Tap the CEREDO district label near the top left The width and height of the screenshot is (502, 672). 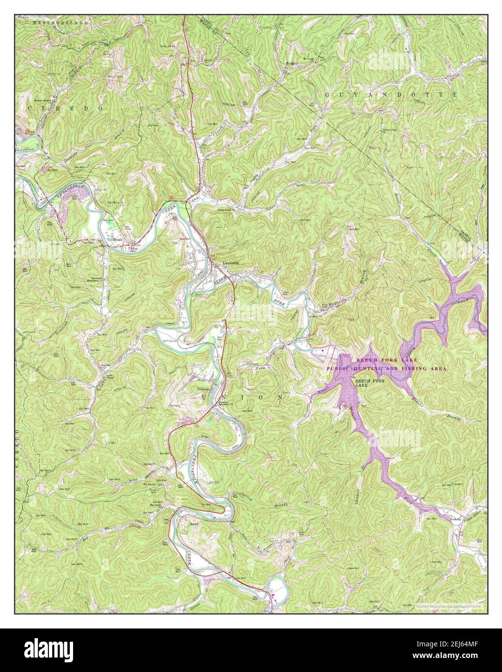pyautogui.click(x=66, y=109)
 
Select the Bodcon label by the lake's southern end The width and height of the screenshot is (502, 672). pyautogui.click(x=455, y=520)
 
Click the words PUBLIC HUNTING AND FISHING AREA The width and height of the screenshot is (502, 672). pyautogui.click(x=386, y=368)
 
